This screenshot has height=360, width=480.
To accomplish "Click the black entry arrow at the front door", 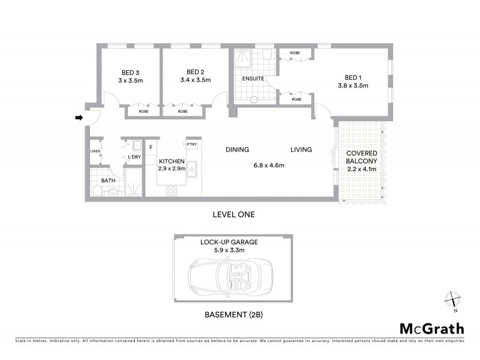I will click(78, 118).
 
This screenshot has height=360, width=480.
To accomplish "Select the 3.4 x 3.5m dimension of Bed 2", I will click(196, 79).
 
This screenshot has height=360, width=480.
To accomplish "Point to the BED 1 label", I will click(353, 77).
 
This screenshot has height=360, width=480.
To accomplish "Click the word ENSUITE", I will click(253, 79).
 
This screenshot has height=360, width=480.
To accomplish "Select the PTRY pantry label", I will click(191, 145).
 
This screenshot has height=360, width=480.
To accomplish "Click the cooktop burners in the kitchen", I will click(171, 191).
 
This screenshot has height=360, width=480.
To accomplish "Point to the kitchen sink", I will click(192, 170).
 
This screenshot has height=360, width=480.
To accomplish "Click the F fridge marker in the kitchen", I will click(151, 146).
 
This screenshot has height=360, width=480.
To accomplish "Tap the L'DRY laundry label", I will click(134, 157).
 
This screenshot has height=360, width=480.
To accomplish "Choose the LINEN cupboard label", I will click(95, 151).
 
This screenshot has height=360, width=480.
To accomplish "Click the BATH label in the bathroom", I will click(108, 180).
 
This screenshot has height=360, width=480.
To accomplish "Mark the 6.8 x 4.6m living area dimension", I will click(268, 166).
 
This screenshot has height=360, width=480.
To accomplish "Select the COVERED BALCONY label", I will click(361, 158).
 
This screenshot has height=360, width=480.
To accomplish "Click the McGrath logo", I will click(431, 328).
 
